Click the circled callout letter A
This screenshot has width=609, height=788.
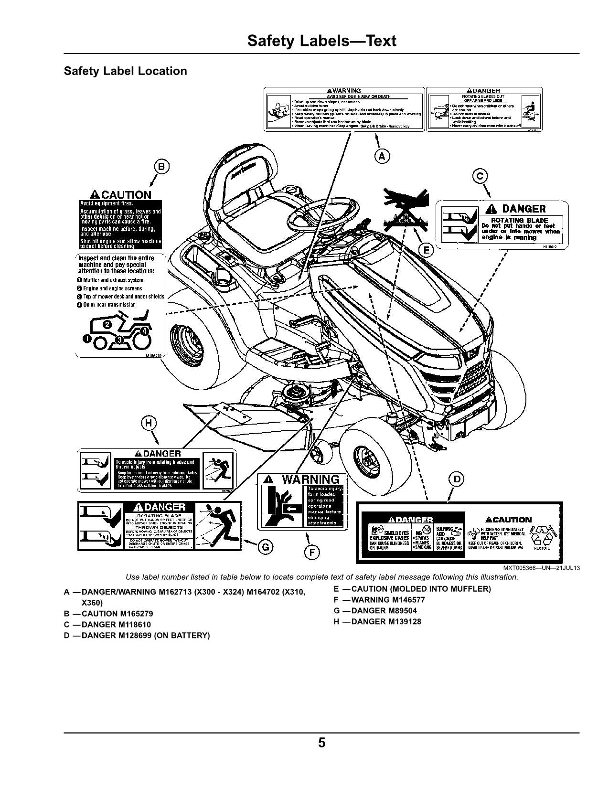pos(382,156)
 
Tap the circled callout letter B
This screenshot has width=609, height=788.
pos(161,167)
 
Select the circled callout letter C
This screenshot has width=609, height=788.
pos(480,176)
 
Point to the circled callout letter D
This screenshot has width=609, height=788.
pos(457,479)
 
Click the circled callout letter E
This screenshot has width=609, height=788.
pos(426,250)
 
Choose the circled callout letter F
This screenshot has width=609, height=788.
pos(311,553)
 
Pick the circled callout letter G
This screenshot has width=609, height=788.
pos(265,547)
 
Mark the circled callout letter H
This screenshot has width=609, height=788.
pos(149,423)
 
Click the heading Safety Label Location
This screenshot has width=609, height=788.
pos(125,71)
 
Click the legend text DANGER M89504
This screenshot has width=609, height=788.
pos(384,611)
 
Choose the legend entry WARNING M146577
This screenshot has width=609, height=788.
pos(387,600)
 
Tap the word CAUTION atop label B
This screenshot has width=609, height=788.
pos(126,195)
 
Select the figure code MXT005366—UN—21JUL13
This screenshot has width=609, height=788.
pos(541,568)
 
